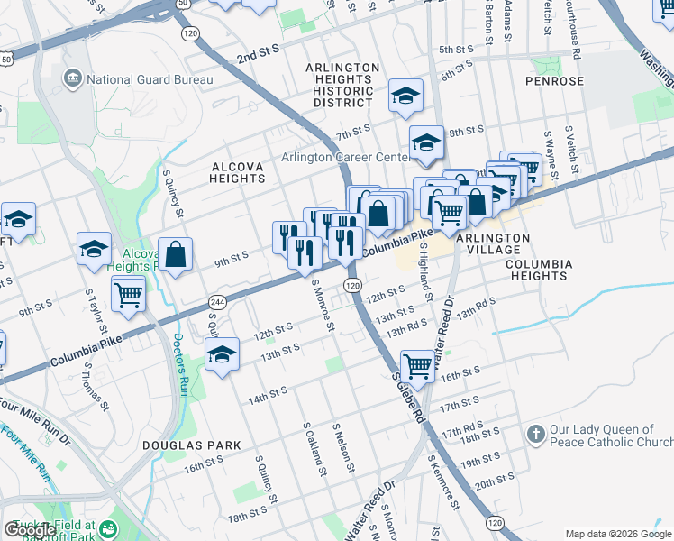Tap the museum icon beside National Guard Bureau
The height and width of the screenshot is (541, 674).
coord(72,79)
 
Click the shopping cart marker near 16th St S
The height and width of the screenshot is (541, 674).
coord(417,366)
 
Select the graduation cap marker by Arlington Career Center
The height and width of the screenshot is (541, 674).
coord(427,142)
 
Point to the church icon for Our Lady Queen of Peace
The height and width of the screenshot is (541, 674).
coord(535,436)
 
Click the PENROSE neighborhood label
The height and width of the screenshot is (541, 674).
coord(555,81)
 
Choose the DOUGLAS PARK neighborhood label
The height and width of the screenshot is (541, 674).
coord(191,445)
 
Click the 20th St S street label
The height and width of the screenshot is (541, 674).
coord(495,484)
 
